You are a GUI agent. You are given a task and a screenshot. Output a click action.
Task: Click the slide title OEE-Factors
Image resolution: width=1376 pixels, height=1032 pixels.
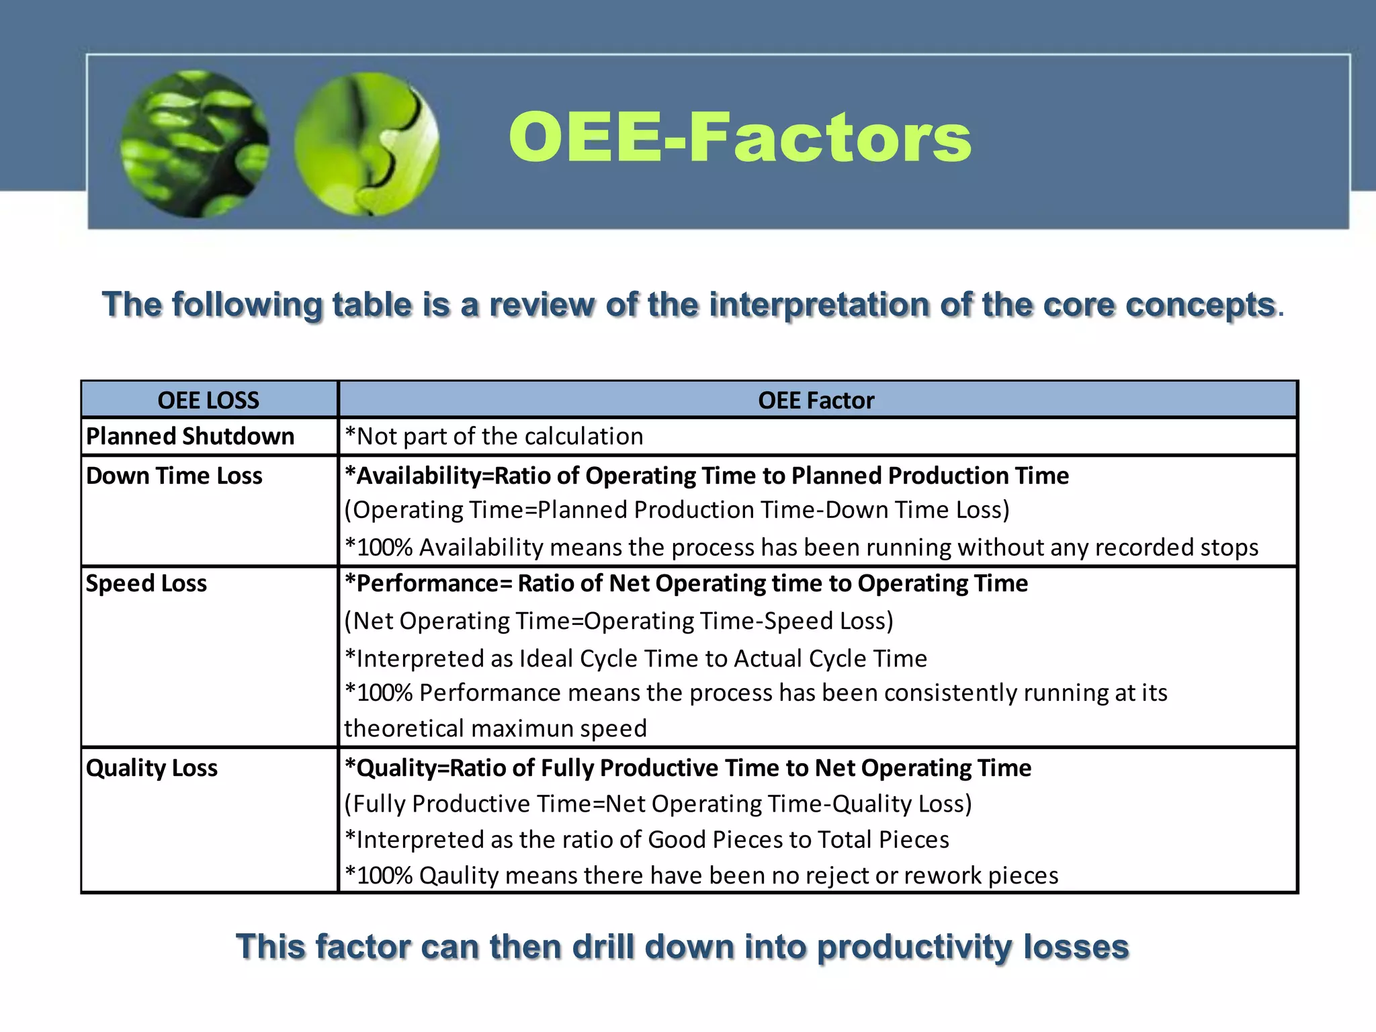[x=739, y=138]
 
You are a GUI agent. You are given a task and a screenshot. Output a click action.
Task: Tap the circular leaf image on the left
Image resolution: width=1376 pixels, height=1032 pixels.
[x=195, y=144]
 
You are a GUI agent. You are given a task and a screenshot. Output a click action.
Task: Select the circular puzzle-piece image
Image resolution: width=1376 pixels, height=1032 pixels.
[x=367, y=144]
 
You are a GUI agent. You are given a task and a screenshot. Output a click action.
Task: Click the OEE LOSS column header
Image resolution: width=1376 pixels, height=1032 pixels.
[x=208, y=400]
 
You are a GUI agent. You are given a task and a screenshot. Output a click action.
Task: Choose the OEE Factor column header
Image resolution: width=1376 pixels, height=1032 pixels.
[x=816, y=400]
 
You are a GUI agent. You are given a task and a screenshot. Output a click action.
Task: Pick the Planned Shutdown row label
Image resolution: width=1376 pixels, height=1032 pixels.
[x=190, y=437]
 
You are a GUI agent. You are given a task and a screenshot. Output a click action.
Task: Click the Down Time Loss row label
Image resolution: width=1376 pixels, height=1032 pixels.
[x=174, y=476]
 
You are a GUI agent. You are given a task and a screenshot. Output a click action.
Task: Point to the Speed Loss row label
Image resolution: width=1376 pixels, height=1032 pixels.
[x=146, y=583]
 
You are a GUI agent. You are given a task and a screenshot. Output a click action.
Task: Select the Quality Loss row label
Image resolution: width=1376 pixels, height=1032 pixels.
[x=152, y=768]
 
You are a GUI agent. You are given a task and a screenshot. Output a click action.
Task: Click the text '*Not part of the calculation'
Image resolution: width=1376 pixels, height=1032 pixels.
[x=494, y=437]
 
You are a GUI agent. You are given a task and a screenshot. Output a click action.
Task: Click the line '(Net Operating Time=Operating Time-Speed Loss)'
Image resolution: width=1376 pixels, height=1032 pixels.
[x=619, y=621]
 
